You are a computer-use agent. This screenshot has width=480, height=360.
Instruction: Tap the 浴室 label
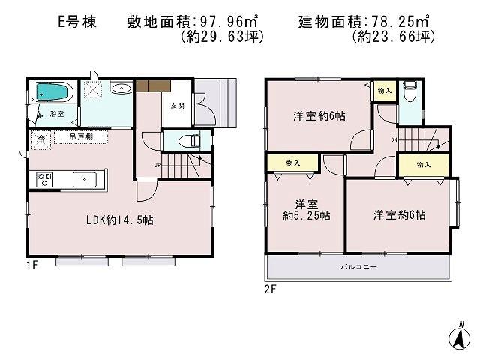(x=57, y=114)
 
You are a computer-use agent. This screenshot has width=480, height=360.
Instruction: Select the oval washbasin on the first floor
(x=121, y=89)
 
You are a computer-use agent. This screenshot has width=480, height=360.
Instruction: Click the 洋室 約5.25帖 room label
(x=303, y=209)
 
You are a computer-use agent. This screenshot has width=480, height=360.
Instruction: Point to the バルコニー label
(x=358, y=267)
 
